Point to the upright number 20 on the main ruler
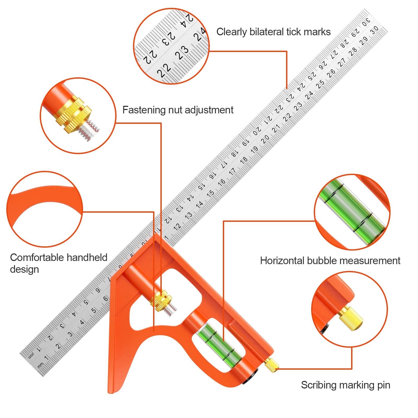pyautogui.click(x=265, y=139)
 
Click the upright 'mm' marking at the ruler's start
pyautogui.click(x=40, y=365)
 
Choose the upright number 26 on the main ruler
pyautogui.click(x=331, y=73)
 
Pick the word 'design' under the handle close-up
pyautogui.click(x=24, y=269)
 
